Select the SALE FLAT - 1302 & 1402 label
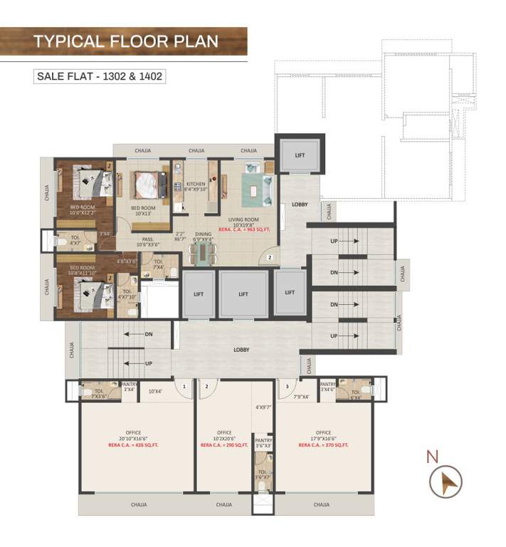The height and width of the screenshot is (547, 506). [100, 75]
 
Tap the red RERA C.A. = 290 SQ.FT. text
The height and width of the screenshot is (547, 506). [224, 444]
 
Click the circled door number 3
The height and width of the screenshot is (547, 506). [286, 387]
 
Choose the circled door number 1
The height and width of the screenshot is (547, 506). [184, 387]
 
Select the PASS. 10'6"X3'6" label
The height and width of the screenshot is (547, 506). [149, 241]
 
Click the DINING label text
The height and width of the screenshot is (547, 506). [204, 234]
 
